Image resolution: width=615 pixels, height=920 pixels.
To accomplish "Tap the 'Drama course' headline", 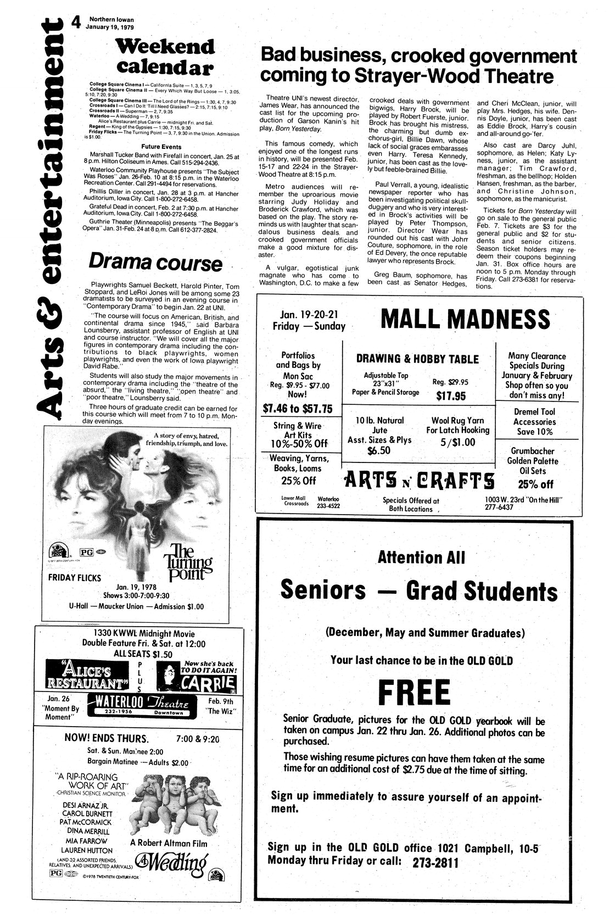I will click(x=155, y=263).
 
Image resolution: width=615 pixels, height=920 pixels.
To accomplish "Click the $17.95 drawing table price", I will click(x=450, y=396).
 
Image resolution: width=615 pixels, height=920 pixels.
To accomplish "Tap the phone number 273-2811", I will click(x=434, y=862).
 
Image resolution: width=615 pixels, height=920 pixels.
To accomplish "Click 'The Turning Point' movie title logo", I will click(x=188, y=561).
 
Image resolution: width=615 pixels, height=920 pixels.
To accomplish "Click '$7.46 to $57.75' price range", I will click(x=298, y=409).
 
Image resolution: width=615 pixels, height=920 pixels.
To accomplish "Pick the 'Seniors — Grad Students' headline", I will click(x=418, y=590).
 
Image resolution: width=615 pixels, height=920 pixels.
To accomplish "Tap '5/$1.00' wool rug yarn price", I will click(x=457, y=442).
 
